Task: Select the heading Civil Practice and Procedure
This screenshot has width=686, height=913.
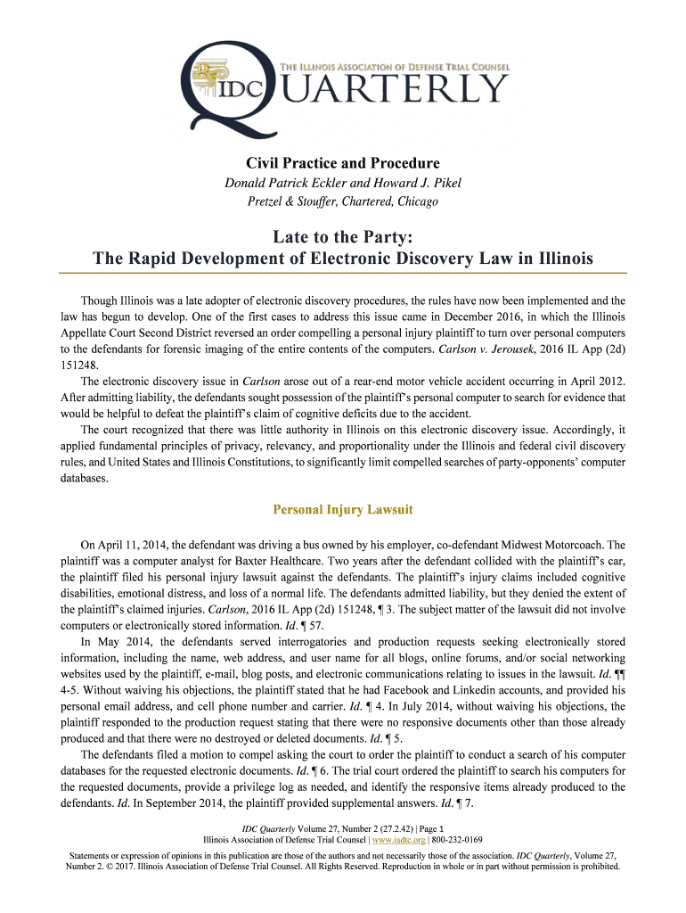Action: click(343, 163)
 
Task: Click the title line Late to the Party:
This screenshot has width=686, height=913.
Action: click(343, 236)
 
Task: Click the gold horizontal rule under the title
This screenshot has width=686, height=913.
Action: click(343, 273)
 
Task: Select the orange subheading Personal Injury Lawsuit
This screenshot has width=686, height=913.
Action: click(343, 511)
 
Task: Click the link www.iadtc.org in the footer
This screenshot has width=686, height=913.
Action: click(399, 839)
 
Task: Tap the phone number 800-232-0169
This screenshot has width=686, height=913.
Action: click(456, 839)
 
